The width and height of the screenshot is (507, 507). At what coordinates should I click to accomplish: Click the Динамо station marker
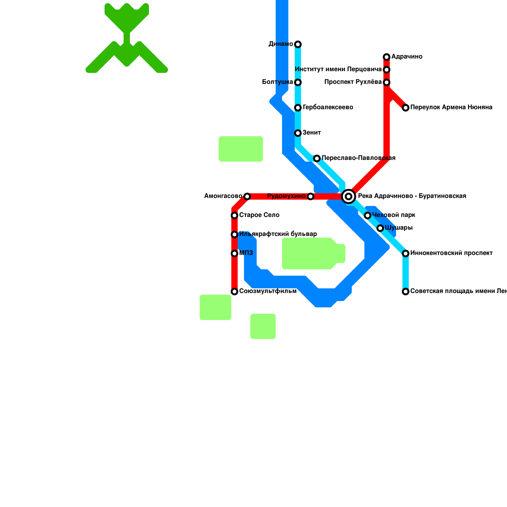298,44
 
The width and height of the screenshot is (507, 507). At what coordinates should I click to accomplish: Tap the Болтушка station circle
298,82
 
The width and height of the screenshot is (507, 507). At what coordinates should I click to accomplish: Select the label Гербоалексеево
328,107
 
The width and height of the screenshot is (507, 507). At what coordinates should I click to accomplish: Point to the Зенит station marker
298,133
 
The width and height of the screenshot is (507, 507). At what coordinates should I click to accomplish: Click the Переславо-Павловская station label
358,158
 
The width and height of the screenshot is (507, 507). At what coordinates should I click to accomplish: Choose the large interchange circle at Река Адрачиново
349,196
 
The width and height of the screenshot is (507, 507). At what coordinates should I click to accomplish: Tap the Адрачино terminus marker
387,57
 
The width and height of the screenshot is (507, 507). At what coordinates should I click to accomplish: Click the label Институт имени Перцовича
338,69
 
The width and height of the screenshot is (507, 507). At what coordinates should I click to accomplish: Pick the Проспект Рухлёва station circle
387,82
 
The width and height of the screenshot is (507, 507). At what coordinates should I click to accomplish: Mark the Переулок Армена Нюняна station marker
406,108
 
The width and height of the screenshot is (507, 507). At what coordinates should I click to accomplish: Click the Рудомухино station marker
311,196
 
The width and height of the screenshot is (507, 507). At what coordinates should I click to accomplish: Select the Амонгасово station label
223,196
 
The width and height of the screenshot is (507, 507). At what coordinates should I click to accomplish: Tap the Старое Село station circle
234,215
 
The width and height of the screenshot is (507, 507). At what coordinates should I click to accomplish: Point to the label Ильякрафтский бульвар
278,234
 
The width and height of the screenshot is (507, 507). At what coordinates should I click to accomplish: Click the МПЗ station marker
234,253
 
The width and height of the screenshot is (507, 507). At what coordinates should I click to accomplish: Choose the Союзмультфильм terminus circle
234,292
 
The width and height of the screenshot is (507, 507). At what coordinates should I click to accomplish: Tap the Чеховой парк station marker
368,215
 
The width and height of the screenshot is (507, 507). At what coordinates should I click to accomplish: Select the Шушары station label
399,228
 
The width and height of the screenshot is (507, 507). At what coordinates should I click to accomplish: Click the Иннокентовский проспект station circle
406,253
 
